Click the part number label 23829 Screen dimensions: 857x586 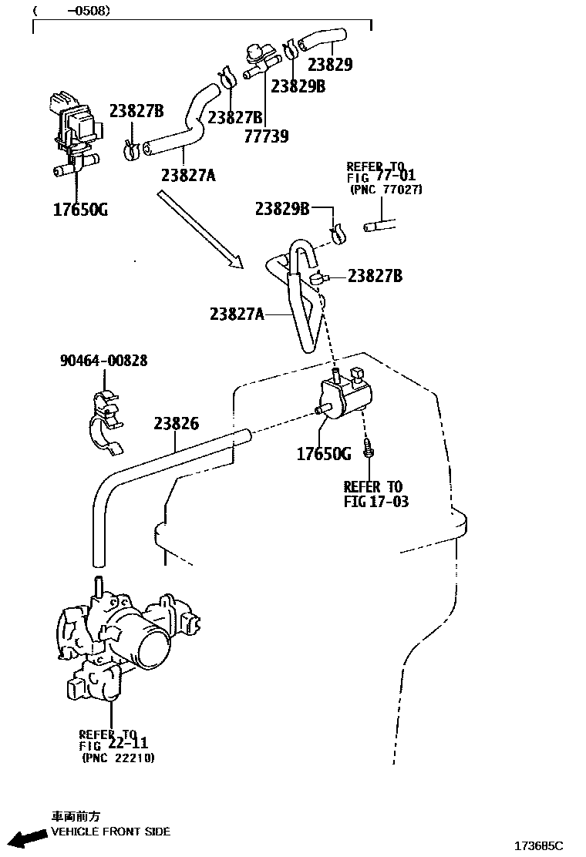coord(330,65)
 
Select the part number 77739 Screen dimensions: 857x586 coord(267,136)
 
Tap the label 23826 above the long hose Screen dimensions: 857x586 coord(176,423)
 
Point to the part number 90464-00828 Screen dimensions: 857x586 coord(103,360)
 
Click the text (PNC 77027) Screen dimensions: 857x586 coord(386,189)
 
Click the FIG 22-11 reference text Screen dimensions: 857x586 coord(113,744)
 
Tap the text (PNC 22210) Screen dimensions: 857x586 coord(118,758)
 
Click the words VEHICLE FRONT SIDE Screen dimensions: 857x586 coord(110,832)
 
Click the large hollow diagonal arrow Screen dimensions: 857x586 coord(200,230)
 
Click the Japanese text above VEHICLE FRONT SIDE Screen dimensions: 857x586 coord(76,816)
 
